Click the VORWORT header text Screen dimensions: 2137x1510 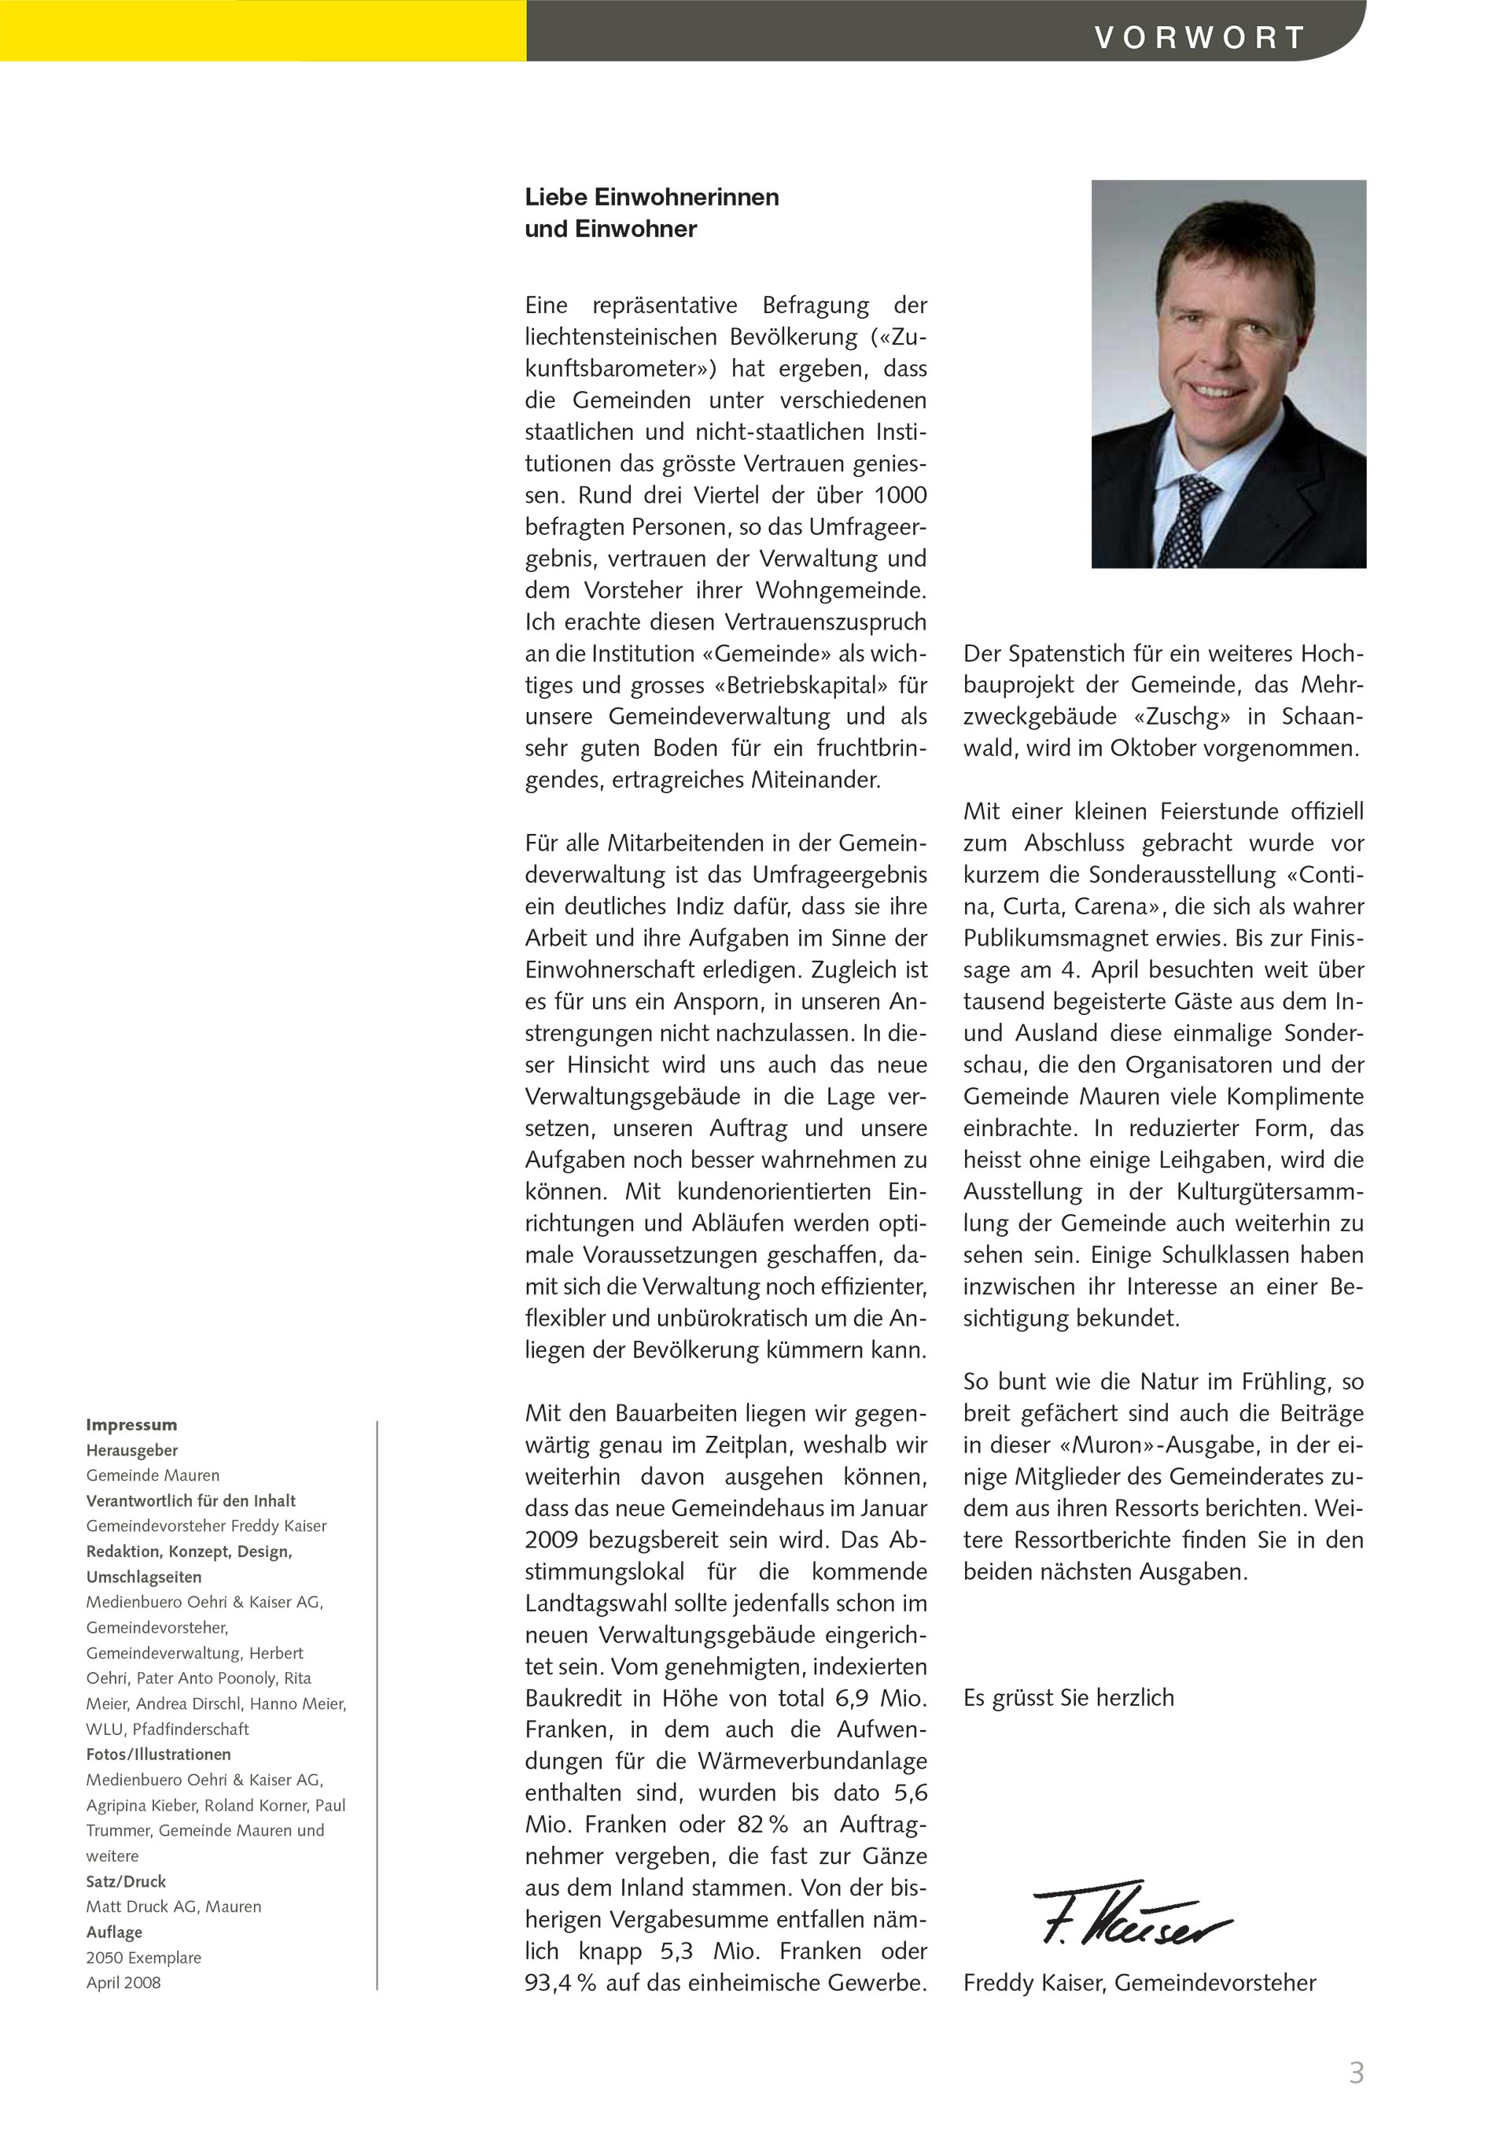[x=1200, y=37]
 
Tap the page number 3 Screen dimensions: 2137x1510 [x=1356, y=2072]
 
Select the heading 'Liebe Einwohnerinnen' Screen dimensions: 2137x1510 [x=651, y=197]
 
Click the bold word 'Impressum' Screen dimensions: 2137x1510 [x=131, y=1424]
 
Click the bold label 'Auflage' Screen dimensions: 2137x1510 [x=115, y=1932]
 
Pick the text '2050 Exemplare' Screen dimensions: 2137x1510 [x=143, y=1958]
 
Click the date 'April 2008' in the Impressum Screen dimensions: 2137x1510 [x=123, y=1983]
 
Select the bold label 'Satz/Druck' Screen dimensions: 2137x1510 [x=126, y=1881]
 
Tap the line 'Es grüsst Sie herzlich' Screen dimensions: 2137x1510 [x=1068, y=1698]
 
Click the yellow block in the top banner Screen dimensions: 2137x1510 [x=263, y=31]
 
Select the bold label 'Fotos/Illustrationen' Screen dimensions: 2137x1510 [x=158, y=1754]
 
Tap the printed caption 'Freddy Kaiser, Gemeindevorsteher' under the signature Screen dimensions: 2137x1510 [x=1139, y=1983]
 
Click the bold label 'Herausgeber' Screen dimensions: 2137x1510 [x=132, y=1450]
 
